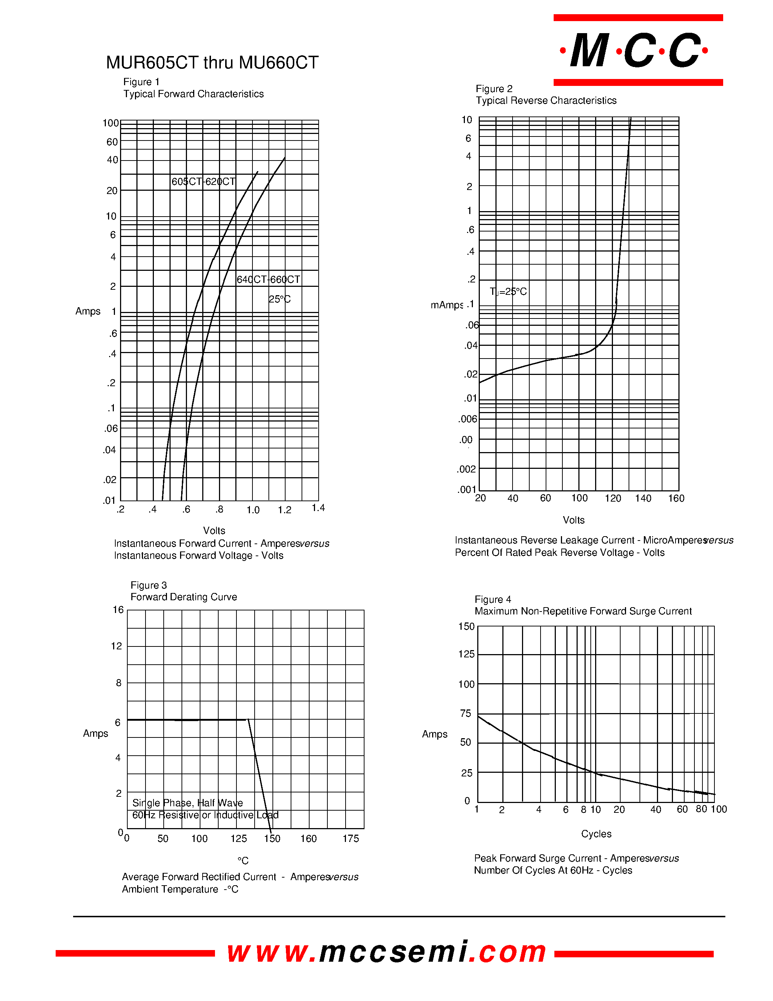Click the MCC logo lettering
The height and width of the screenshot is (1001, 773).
pos(635,51)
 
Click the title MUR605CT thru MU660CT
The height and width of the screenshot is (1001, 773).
pos(212,63)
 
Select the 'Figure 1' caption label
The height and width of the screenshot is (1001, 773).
pos(141,82)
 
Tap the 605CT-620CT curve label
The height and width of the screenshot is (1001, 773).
pos(203,182)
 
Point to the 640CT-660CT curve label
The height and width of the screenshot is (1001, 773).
pos(268,280)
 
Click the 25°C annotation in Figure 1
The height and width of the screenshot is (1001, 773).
pos(279,299)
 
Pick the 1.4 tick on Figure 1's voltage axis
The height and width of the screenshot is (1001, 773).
pos(318,508)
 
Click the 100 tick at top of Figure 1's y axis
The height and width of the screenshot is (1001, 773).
pos(110,123)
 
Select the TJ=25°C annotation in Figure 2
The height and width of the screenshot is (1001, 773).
pos(508,292)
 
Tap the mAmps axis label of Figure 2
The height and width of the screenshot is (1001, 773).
pos(446,305)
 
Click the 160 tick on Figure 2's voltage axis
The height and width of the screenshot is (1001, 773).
pos(676,498)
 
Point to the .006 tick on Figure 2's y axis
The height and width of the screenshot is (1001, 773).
pos(467,419)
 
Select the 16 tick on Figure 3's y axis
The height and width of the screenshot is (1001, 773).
pos(118,610)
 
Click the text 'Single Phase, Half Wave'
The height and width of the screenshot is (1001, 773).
pos(187,803)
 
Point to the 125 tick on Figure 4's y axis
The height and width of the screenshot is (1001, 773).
pos(466,654)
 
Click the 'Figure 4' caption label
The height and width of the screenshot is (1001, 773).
pos(493,600)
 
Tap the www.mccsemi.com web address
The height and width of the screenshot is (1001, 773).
pos(386,951)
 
